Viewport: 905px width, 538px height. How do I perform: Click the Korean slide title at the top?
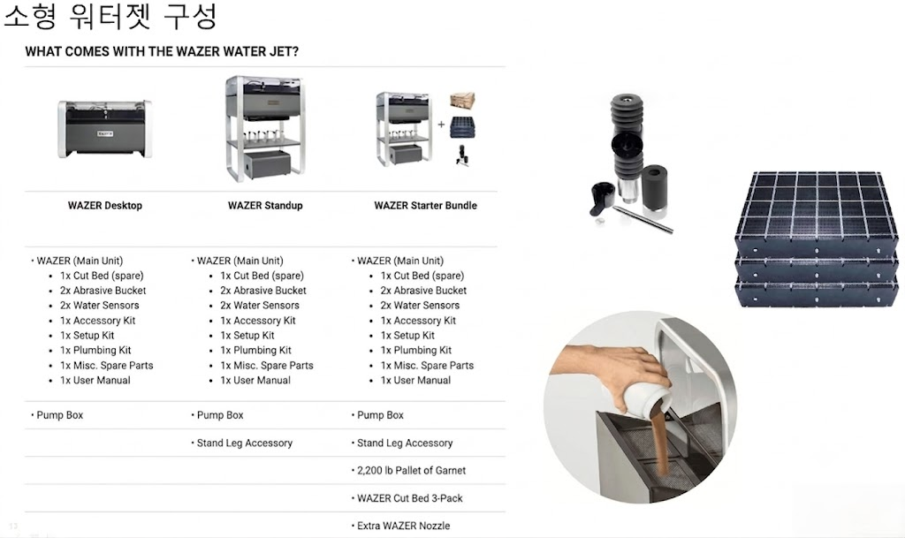110,16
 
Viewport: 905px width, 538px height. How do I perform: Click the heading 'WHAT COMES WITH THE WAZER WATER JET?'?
162,51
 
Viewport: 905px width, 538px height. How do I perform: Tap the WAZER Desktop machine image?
105,129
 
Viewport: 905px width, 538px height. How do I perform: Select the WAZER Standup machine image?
265,128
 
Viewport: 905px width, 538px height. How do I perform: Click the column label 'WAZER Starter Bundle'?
425,205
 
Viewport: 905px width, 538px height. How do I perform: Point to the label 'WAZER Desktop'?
105,205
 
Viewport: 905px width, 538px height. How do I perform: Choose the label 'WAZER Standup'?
265,205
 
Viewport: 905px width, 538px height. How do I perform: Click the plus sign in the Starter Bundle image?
441,124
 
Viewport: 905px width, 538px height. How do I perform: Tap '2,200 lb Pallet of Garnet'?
411,471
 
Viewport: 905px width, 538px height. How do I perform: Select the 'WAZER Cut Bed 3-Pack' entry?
410,498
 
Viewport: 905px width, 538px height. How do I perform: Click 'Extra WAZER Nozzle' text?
403,526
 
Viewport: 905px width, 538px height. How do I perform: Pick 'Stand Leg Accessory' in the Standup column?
244,443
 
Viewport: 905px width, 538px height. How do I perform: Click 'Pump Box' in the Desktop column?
59,415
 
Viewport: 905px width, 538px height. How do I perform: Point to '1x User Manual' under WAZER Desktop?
95,381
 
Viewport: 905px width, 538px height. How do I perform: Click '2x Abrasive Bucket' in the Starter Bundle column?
423,291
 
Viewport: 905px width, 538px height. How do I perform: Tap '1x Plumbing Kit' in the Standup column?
255,350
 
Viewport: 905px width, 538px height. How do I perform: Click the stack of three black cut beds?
817,239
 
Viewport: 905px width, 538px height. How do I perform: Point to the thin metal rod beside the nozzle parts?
643,220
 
